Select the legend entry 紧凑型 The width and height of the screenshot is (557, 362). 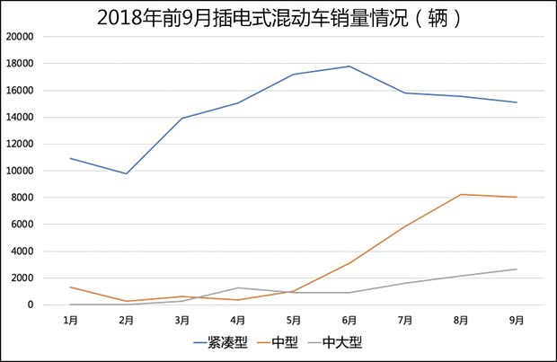tap(221, 342)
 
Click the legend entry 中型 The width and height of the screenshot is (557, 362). tap(279, 342)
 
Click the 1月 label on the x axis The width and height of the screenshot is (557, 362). tap(70, 319)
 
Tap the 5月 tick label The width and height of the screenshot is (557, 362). tap(294, 319)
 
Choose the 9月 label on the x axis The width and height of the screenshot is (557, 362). tap(517, 319)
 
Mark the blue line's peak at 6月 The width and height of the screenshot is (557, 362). tap(349, 66)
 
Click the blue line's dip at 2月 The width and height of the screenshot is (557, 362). tap(126, 173)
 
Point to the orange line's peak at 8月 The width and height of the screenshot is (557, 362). tap(461, 194)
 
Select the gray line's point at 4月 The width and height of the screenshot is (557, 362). tap(238, 287)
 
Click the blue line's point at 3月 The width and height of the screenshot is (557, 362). tap(182, 119)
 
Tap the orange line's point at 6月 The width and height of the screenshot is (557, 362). tap(349, 263)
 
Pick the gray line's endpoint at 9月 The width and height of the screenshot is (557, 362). tap(517, 269)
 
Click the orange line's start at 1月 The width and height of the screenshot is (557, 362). tap(70, 287)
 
